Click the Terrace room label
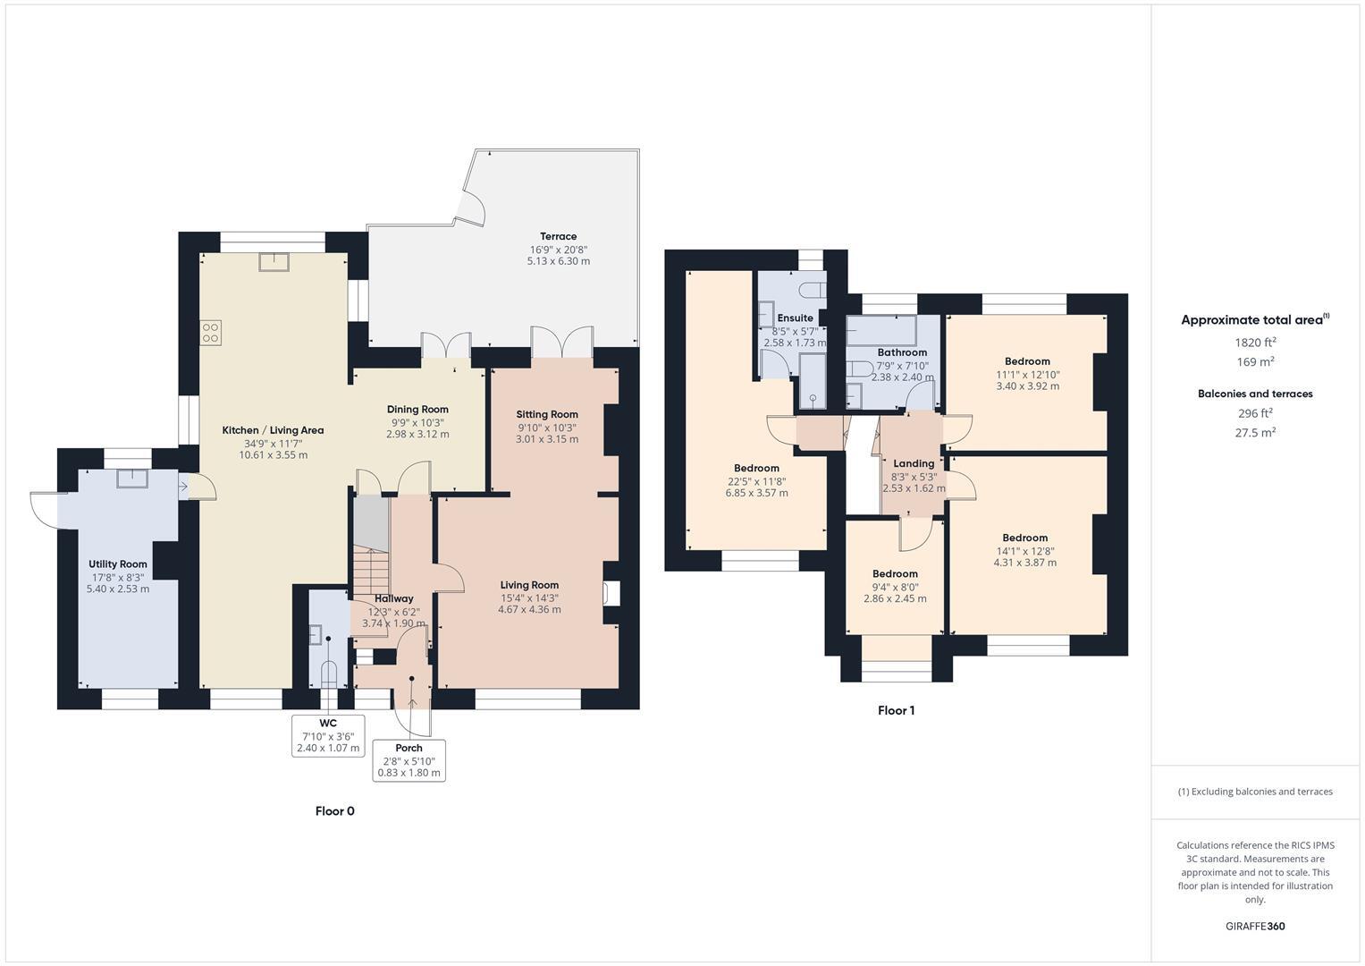[558, 237]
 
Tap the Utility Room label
[117, 564]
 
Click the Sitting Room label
[547, 414]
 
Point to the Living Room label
[529, 585]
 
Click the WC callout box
[328, 735]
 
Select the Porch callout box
[409, 760]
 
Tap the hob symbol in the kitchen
[211, 334]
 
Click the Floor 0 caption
[335, 811]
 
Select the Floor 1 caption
[896, 711]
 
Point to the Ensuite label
[795, 318]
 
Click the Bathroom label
[902, 352]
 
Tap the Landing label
[914, 463]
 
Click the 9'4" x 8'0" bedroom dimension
[895, 587]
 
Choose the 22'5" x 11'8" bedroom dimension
[756, 480]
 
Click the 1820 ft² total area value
[1255, 342]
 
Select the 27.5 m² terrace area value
[1255, 432]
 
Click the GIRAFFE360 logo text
[1255, 926]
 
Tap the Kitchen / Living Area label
[273, 430]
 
